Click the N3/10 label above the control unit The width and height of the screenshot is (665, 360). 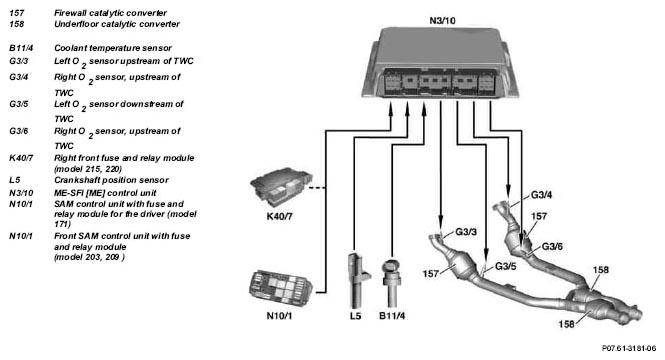tap(442, 20)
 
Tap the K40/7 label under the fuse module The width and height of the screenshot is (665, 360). tap(279, 216)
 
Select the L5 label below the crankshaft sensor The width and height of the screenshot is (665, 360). tap(355, 316)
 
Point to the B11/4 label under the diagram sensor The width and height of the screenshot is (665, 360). tap(392, 316)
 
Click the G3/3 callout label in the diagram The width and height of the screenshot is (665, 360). tap(466, 232)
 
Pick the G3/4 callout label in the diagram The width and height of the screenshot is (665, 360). tap(542, 195)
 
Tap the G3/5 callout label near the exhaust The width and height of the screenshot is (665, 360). tap(506, 267)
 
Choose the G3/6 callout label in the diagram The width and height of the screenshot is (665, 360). tap(552, 246)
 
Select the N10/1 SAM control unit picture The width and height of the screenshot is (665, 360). tap(281, 288)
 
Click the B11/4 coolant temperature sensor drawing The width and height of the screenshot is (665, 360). tap(391, 283)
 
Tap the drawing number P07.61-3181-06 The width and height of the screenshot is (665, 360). tap(629, 348)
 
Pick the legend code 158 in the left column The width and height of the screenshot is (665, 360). tap(17, 24)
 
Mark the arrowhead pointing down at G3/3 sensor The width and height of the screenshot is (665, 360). tap(441, 220)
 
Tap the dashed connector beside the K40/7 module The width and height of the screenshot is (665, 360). tap(317, 187)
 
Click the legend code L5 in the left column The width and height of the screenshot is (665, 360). tap(15, 180)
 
